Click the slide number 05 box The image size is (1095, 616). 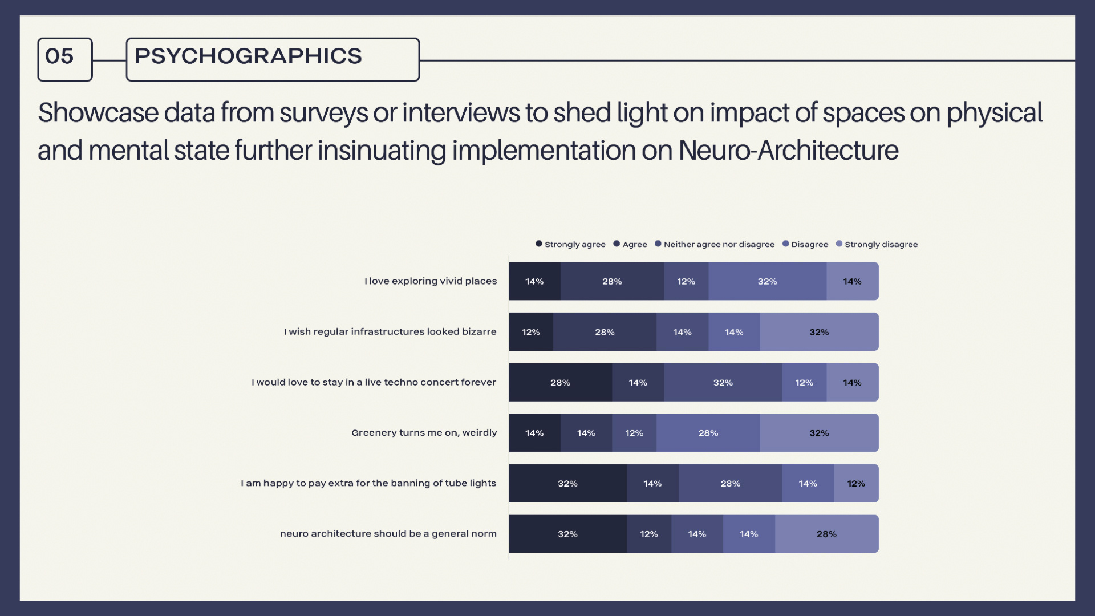[64, 59]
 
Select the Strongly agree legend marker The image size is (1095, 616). [538, 244]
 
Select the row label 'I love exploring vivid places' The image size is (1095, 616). [431, 281]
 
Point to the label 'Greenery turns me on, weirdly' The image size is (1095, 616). [424, 433]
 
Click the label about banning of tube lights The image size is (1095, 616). [368, 483]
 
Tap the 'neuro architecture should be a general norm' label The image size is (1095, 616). [388, 534]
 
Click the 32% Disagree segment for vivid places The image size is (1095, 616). [767, 281]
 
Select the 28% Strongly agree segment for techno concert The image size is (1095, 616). [560, 382]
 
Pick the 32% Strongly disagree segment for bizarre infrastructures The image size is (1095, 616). [819, 332]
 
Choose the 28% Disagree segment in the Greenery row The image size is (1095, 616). [708, 433]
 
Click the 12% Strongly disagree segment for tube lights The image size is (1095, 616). [856, 484]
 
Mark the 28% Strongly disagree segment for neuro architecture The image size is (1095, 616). [826, 534]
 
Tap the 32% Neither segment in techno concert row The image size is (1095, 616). [723, 382]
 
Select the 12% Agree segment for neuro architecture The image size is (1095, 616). [648, 534]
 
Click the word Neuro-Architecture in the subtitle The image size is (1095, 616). [788, 151]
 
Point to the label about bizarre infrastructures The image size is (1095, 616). [390, 332]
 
